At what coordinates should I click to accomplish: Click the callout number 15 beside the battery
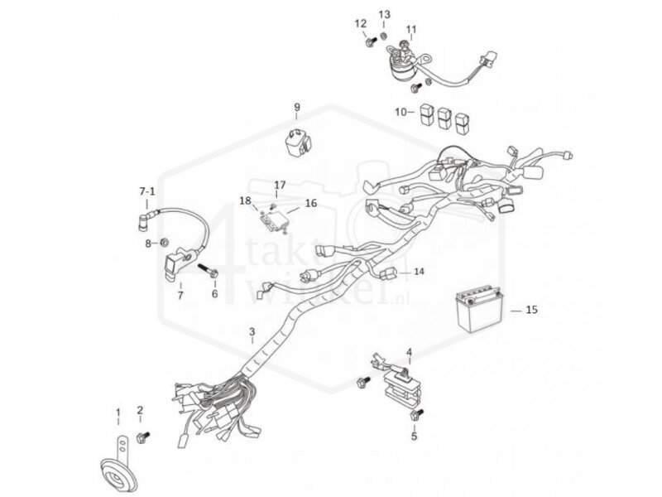(x=531, y=310)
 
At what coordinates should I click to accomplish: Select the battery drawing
(x=477, y=311)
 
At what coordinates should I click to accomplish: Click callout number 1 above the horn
(x=118, y=412)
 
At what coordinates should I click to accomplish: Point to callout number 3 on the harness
(x=252, y=333)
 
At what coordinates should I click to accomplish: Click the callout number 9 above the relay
(x=297, y=108)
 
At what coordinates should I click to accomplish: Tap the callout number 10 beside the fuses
(x=401, y=111)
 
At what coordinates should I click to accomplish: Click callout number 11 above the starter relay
(x=411, y=29)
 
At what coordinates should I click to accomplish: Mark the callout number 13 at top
(x=385, y=15)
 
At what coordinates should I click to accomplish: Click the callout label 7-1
(x=146, y=191)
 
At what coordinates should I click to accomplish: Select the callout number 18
(x=246, y=200)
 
